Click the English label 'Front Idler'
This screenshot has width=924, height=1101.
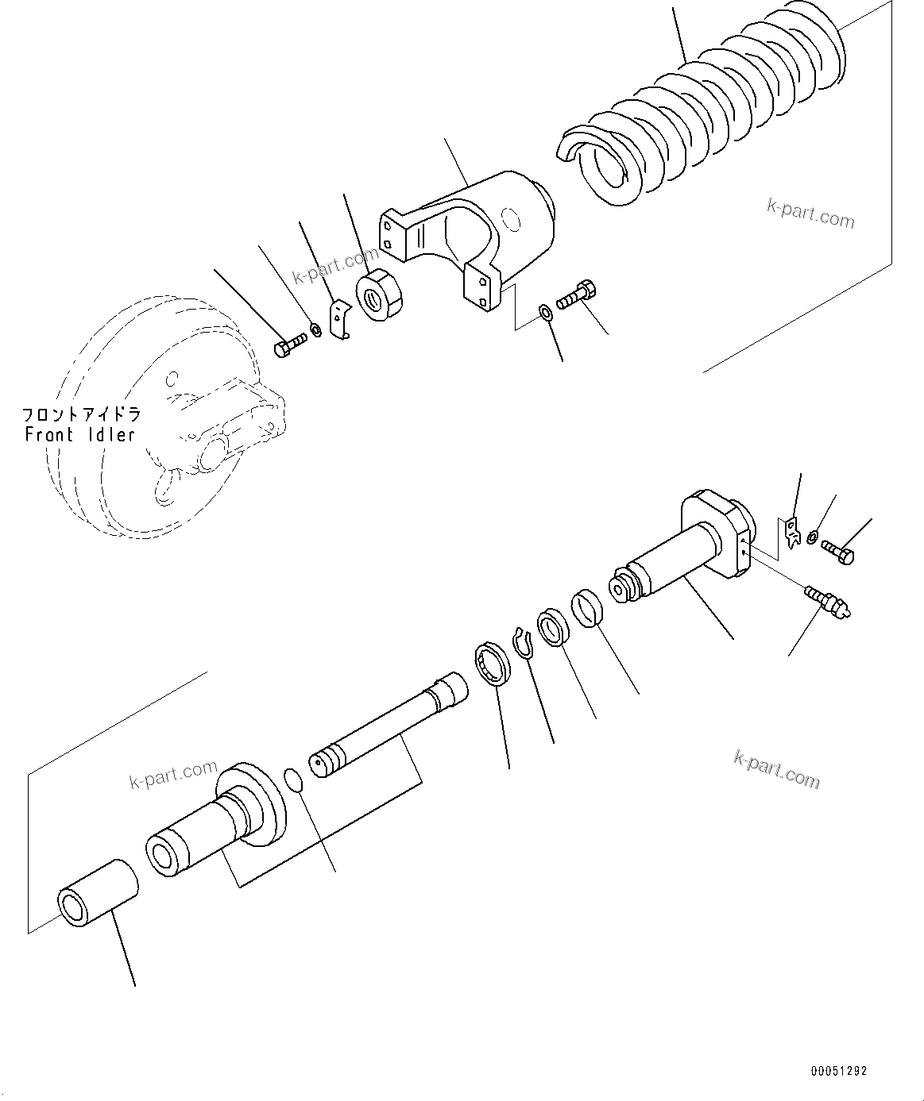pos(80,435)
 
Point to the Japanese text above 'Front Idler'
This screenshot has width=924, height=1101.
pos(80,414)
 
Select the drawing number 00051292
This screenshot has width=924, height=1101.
pos(838,1071)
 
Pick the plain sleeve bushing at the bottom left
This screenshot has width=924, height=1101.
pos(97,893)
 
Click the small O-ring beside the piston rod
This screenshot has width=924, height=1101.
pos(293,779)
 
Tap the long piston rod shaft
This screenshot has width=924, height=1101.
pos(389,726)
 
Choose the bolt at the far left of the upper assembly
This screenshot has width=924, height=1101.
pos(289,346)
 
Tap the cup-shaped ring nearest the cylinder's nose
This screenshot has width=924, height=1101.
pos(589,607)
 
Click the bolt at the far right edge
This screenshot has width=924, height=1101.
pos(837,552)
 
